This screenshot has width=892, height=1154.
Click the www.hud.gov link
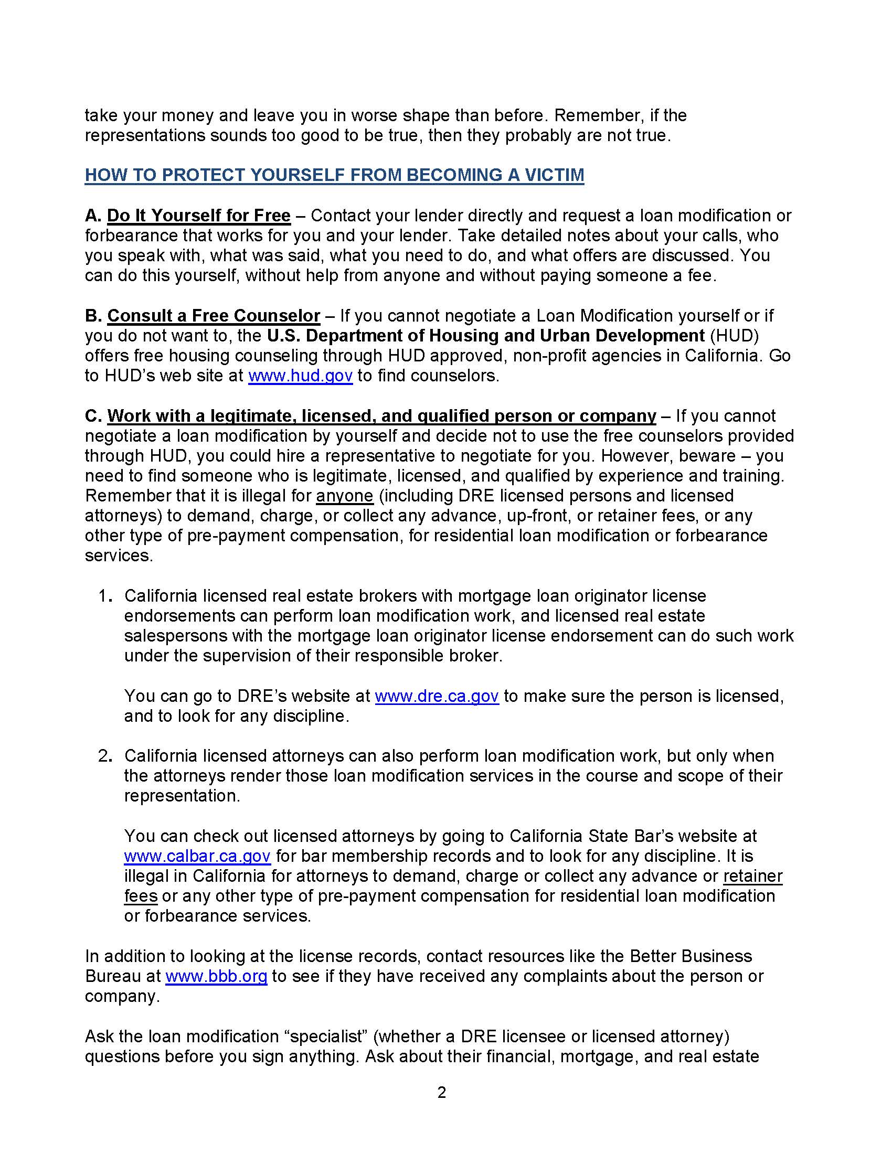tap(300, 376)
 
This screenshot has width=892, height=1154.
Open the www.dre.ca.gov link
tap(437, 696)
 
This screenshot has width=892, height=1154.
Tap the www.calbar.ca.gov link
tap(197, 856)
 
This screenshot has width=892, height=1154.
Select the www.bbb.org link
tap(216, 976)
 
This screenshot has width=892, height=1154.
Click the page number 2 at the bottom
tap(442, 1092)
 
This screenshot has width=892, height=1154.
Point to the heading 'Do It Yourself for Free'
tap(199, 216)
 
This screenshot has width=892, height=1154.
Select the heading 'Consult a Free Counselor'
tap(214, 315)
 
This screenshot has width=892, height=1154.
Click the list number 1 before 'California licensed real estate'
tap(104, 596)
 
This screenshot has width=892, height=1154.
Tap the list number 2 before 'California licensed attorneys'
tap(104, 756)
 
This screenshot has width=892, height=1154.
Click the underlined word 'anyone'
tap(345, 496)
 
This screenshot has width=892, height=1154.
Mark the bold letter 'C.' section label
tap(93, 416)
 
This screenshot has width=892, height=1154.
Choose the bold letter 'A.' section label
tap(93, 216)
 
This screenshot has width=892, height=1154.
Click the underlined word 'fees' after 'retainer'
tap(141, 896)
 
